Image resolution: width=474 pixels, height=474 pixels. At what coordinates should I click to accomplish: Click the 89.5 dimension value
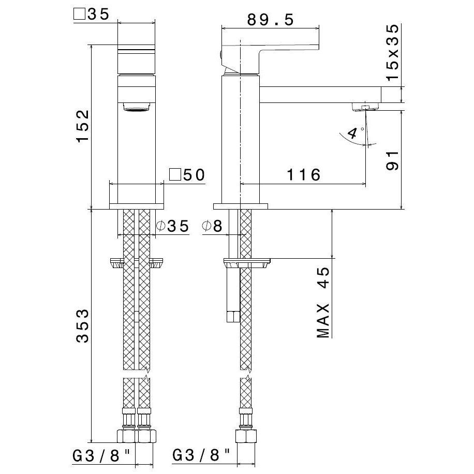(270, 20)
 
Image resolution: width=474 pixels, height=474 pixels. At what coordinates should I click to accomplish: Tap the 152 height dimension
(82, 126)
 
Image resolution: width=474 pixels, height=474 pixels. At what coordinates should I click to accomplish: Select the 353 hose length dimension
(82, 325)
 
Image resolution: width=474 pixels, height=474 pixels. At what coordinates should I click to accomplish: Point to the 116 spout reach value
(303, 175)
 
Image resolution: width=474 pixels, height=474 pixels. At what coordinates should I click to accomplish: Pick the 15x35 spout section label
(392, 52)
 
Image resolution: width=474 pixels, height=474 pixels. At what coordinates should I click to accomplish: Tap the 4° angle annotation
(355, 132)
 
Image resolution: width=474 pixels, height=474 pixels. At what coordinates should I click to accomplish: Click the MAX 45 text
(323, 302)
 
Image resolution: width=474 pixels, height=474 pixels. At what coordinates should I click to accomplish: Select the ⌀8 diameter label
(212, 226)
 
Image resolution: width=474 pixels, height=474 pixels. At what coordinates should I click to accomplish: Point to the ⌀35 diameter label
(173, 226)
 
